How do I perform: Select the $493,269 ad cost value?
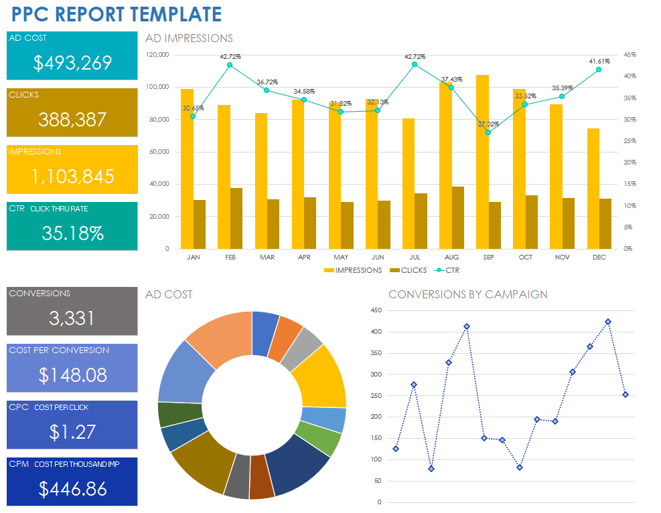point(72,63)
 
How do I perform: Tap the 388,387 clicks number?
point(72,120)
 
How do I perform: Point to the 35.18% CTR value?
point(72,233)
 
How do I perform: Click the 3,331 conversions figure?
point(72,318)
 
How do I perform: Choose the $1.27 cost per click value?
point(72,432)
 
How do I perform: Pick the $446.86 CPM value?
point(72,489)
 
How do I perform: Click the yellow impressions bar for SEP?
point(482,161)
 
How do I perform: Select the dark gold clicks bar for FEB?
point(236,218)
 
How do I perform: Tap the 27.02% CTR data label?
point(488,124)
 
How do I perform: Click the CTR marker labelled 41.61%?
point(599,70)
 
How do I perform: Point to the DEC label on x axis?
point(599,257)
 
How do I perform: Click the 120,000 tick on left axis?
point(158,55)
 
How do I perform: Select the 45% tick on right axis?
point(630,55)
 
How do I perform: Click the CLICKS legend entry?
point(408,270)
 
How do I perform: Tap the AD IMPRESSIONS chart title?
point(189,39)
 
